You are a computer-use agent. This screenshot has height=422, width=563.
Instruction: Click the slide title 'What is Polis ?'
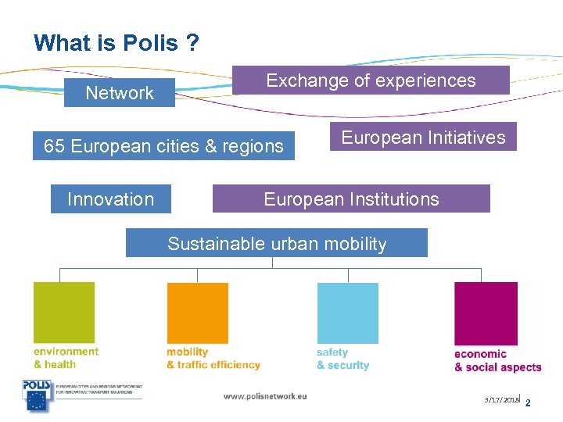click(x=117, y=43)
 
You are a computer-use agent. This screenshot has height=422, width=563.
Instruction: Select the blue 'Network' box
click(x=120, y=93)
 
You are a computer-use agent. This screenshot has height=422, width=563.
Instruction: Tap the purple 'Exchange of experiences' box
click(x=371, y=80)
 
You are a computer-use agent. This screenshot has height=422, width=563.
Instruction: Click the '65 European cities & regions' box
click(x=163, y=146)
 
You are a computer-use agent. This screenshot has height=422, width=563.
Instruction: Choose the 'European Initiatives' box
click(x=423, y=138)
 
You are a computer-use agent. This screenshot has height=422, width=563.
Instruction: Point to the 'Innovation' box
click(x=110, y=199)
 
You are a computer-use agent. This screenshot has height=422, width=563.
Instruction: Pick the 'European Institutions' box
click(x=351, y=199)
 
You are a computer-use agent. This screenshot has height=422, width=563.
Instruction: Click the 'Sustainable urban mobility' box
click(x=277, y=243)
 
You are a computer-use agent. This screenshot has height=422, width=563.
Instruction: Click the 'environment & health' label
click(x=66, y=358)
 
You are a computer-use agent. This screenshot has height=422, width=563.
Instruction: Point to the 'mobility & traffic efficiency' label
click(x=213, y=359)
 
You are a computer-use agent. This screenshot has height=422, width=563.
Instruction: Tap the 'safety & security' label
click(x=342, y=359)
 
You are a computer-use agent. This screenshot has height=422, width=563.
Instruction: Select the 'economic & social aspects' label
click(x=497, y=360)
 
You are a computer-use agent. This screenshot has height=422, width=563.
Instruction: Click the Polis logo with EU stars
click(x=36, y=395)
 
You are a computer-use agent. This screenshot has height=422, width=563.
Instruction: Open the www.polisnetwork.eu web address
click(x=265, y=396)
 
